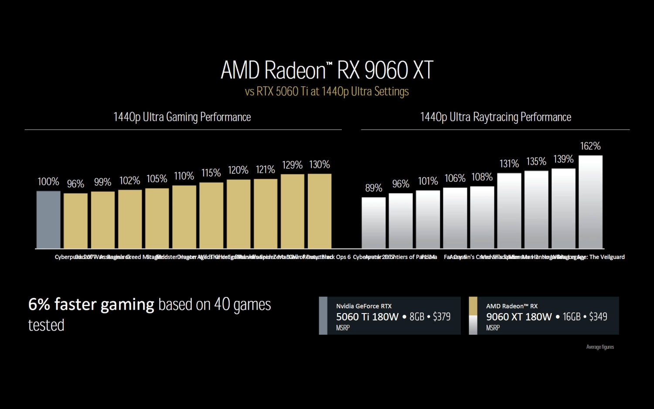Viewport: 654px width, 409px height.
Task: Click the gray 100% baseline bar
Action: click(48, 220)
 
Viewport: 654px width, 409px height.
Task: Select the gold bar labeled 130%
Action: click(320, 211)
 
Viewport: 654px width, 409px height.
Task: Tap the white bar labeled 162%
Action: click(590, 202)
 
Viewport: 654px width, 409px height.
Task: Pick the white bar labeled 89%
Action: click(374, 223)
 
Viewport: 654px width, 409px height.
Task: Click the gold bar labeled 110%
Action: click(184, 217)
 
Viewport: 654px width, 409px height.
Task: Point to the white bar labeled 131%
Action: click(509, 211)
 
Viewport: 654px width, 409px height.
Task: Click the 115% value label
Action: click(211, 173)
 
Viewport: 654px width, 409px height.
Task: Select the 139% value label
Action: click(563, 159)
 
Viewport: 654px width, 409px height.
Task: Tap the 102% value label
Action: click(130, 181)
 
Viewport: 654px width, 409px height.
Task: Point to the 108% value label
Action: click(482, 177)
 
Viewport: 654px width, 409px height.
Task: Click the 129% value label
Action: click(292, 165)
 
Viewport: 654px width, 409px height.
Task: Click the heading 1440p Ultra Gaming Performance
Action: click(182, 117)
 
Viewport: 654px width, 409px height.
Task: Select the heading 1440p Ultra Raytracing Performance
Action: click(495, 117)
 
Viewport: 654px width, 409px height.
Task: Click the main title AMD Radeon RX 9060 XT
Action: click(327, 70)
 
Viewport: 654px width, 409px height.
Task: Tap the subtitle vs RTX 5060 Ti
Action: click(327, 92)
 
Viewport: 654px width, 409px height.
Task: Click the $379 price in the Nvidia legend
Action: click(442, 317)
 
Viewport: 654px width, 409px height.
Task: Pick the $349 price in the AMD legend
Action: click(598, 317)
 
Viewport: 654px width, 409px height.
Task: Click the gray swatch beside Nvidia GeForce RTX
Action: click(323, 316)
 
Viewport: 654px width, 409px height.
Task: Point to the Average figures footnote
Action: click(600, 347)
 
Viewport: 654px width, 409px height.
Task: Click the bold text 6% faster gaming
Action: click(91, 304)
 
